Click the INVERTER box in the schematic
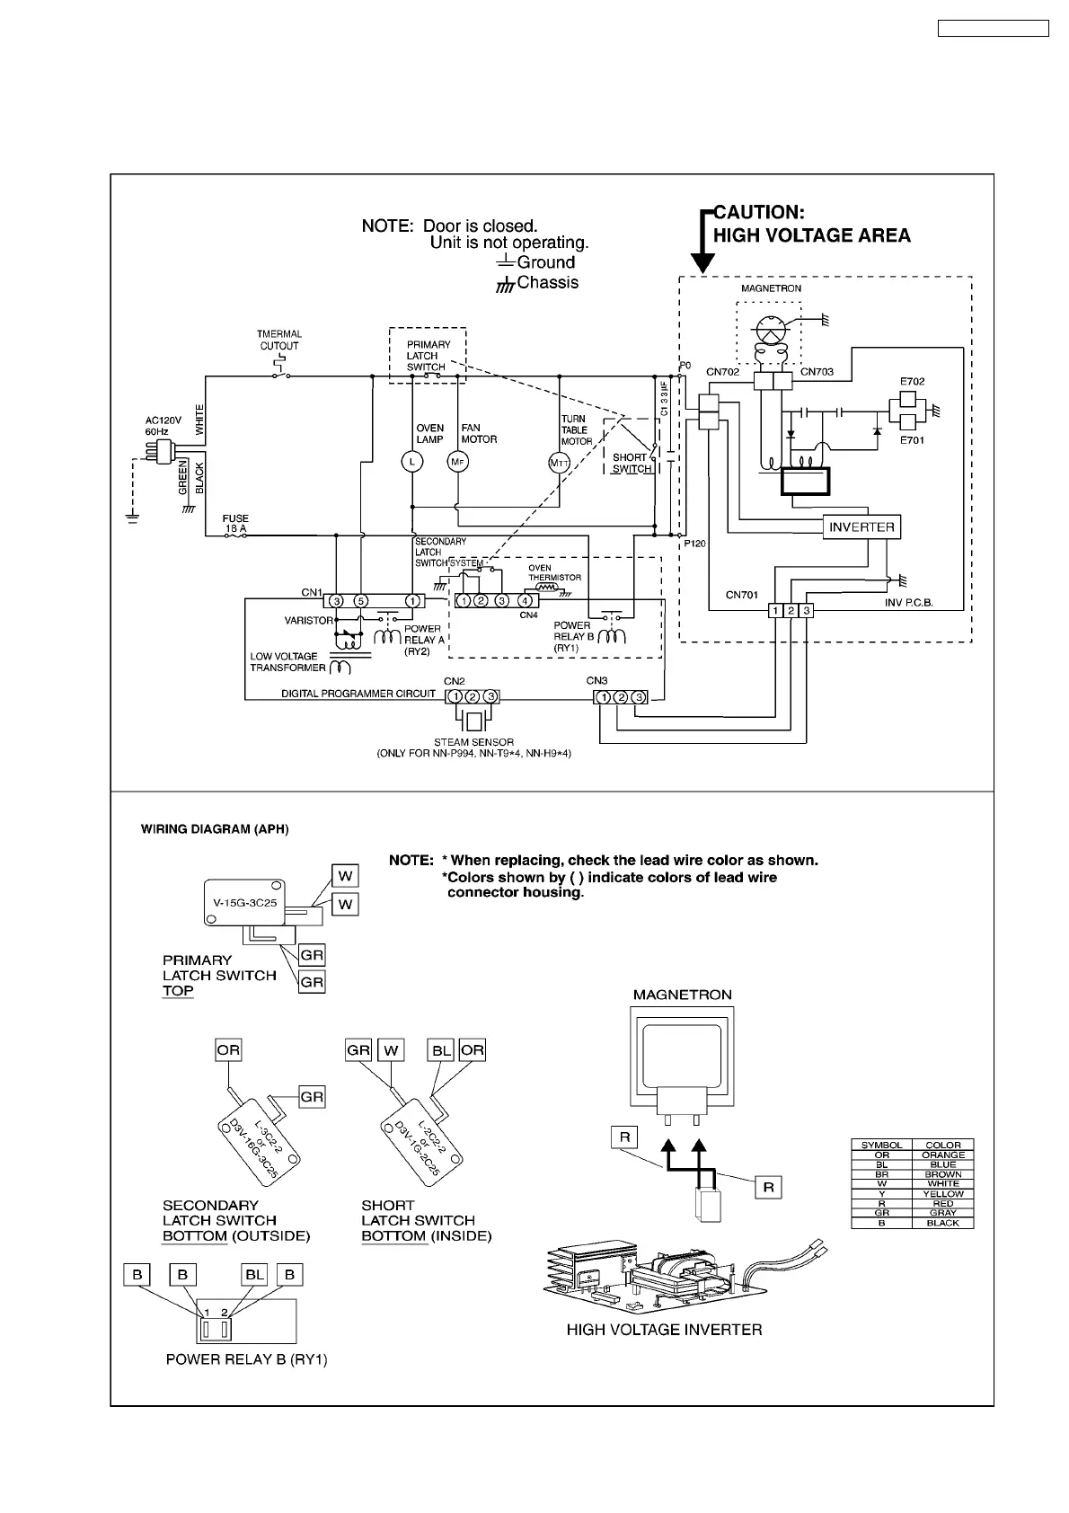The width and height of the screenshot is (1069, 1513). [x=861, y=527]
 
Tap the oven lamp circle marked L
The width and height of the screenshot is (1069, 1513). [x=411, y=461]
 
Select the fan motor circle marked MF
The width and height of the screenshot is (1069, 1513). [x=458, y=461]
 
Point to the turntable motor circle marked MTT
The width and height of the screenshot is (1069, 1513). [x=560, y=463]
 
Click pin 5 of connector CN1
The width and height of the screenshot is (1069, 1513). [x=359, y=600]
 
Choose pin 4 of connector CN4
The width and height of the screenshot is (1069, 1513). [x=525, y=600]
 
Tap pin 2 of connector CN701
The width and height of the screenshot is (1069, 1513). [x=791, y=611]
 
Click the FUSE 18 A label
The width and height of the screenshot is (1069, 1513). [x=235, y=524]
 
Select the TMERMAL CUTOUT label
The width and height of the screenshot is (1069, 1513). [x=279, y=340]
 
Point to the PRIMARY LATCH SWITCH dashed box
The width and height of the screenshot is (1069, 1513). [x=428, y=355]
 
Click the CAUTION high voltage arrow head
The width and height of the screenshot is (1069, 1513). [x=703, y=262]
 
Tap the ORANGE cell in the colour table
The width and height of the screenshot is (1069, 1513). [x=943, y=1155]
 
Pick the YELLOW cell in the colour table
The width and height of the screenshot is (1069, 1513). [x=943, y=1194]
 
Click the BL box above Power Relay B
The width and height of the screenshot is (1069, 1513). [x=255, y=1275]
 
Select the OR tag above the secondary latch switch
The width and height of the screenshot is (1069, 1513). [x=228, y=1050]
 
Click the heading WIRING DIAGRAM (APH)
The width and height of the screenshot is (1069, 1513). [x=215, y=829]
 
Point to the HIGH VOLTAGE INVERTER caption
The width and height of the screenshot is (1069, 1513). [x=664, y=1330]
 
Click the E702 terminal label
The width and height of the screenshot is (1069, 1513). [x=912, y=381]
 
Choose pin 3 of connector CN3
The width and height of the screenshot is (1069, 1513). [x=638, y=697]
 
